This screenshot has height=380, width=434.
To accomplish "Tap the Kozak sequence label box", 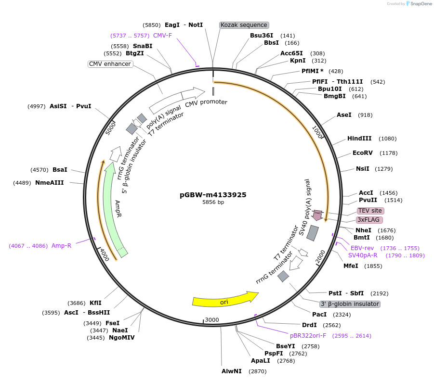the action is pyautogui.click(x=244, y=25).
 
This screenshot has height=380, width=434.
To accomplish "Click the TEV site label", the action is pyautogui.click(x=370, y=211).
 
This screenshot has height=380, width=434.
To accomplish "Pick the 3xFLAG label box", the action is pyautogui.click(x=369, y=220).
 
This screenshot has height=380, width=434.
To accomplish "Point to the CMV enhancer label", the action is pyautogui.click(x=110, y=64).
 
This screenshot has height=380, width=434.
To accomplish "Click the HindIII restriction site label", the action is pyautogui.click(x=359, y=139).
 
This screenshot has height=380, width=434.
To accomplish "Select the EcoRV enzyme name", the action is pyautogui.click(x=363, y=153).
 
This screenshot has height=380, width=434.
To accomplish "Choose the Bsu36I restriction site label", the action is pyautogui.click(x=262, y=35).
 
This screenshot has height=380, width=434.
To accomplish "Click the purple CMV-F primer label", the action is pyautogui.click(x=162, y=35).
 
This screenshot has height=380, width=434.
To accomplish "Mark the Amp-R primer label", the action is pyautogui.click(x=61, y=246).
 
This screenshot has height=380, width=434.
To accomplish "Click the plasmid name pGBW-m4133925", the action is pyautogui.click(x=213, y=195).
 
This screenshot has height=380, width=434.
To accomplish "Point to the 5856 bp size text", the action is pyautogui.click(x=213, y=203).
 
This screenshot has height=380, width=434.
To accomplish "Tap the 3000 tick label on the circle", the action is pyautogui.click(x=212, y=320).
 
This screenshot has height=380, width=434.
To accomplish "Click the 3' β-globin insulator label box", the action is pyautogui.click(x=350, y=304).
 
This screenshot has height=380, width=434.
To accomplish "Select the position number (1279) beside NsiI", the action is pyautogui.click(x=384, y=169).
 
